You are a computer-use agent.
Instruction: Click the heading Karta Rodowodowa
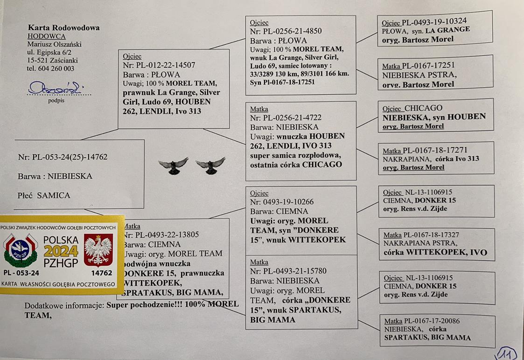63,28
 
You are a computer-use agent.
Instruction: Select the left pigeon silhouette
173,166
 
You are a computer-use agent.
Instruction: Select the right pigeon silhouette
210,166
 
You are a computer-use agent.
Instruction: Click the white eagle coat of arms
98,250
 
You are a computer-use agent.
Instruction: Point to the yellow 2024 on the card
61,252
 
